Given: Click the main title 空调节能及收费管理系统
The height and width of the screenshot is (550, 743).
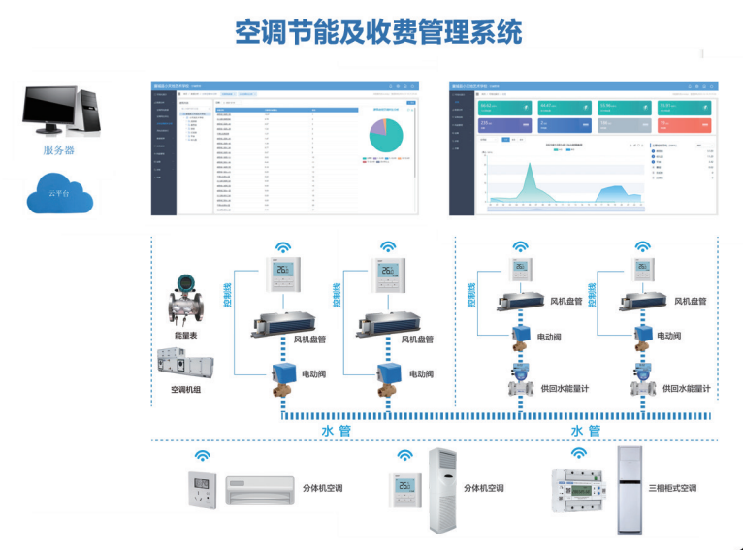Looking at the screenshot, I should click(x=378, y=31).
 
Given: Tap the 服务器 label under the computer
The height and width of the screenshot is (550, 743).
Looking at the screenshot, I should click(x=59, y=150).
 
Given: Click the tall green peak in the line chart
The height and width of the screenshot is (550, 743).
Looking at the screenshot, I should click(x=529, y=179).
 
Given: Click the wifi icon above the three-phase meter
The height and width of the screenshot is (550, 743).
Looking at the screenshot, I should click(x=578, y=452).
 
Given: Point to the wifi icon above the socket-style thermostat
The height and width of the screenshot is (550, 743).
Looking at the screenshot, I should click(x=202, y=455).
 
